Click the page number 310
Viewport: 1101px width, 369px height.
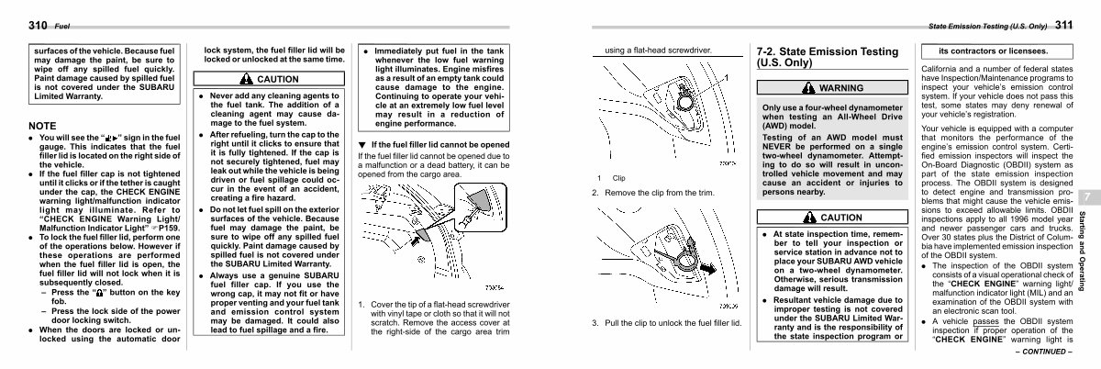pyautogui.click(x=14, y=24)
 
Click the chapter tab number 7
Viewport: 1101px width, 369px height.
pyautogui.click(x=1086, y=198)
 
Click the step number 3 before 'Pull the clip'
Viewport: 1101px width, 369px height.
pyautogui.click(x=595, y=323)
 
